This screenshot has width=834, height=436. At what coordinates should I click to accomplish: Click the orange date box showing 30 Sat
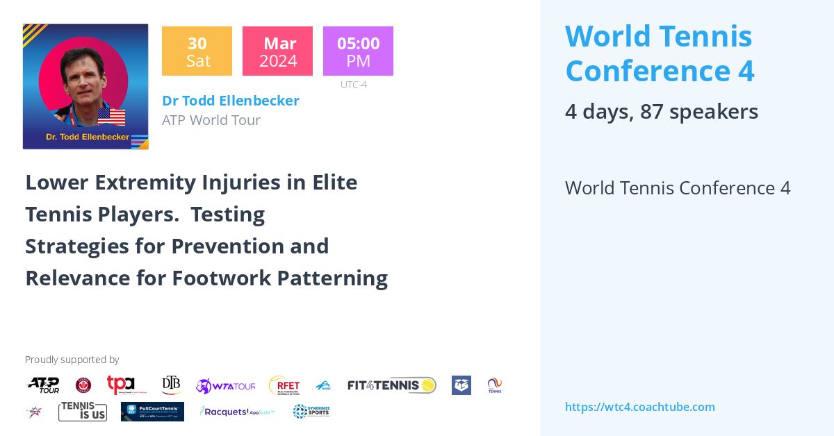[x=197, y=51]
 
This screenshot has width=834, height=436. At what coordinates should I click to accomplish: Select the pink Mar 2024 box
[x=277, y=51]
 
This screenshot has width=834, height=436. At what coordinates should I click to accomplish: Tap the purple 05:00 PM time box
[x=358, y=51]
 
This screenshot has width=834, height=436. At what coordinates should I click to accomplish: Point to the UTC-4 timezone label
[x=353, y=85]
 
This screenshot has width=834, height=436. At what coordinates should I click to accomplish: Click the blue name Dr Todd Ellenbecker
[x=231, y=101]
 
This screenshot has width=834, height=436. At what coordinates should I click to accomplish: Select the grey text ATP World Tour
[x=211, y=120]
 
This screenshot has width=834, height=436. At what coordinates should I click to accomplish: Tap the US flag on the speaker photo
[x=111, y=116]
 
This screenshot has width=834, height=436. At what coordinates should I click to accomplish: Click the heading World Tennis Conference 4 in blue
[x=660, y=53]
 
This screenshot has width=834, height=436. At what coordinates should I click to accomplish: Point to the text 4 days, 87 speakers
[x=661, y=112]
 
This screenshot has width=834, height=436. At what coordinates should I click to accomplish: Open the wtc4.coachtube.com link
[x=639, y=407]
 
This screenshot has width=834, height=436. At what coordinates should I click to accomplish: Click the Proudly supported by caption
[x=72, y=360]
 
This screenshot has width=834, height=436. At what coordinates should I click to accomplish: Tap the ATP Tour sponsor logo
[x=43, y=385]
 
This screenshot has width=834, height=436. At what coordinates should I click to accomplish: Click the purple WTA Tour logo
[x=226, y=386]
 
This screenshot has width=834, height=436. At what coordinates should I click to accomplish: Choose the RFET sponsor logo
[x=284, y=385]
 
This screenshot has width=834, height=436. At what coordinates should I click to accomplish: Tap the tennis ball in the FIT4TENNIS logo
[x=428, y=385]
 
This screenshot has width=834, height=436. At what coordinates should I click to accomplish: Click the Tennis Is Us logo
[x=83, y=412]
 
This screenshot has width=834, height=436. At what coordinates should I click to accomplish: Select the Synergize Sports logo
[x=311, y=412]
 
